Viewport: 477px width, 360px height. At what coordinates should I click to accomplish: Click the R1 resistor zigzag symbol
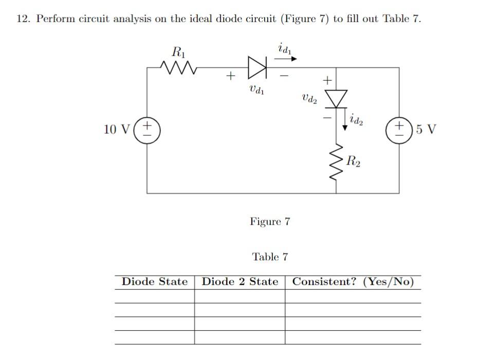(x=176, y=67)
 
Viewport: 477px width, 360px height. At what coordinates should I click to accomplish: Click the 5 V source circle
(x=399, y=129)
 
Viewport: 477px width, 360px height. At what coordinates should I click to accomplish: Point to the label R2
(x=354, y=160)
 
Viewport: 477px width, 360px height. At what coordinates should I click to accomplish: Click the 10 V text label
(x=116, y=129)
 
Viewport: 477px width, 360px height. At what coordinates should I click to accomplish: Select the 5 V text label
(x=426, y=129)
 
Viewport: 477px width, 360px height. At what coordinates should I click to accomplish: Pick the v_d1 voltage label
(x=256, y=91)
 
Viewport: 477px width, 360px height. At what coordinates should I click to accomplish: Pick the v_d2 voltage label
(x=309, y=98)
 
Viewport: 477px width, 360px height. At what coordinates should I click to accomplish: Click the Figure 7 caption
(x=270, y=222)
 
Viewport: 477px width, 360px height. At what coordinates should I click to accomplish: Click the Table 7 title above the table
(x=270, y=257)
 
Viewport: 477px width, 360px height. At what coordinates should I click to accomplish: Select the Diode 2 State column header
(x=240, y=282)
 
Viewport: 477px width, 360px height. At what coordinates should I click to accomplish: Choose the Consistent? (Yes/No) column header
(x=353, y=282)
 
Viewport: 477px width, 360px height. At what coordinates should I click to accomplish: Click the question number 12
(x=23, y=19)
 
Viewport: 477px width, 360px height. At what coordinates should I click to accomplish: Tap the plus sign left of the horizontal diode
(x=231, y=77)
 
